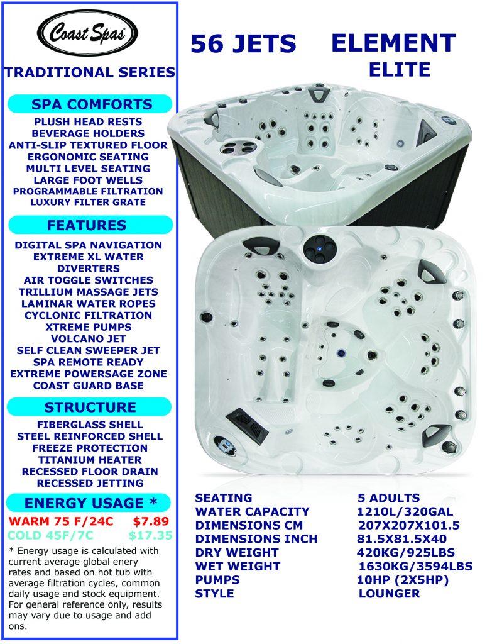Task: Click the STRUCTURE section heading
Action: (90, 407)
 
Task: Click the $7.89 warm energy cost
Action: (151, 521)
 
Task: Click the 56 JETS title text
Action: (243, 44)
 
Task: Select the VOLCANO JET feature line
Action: (89, 338)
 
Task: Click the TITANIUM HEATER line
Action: (89, 460)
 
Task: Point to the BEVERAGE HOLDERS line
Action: (89, 133)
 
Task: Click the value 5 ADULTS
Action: (388, 498)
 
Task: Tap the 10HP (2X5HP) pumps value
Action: (403, 579)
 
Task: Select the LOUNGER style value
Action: (389, 593)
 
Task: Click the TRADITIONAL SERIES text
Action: (89, 73)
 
